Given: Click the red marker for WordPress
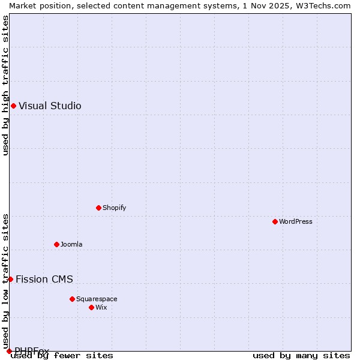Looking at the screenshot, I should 275,221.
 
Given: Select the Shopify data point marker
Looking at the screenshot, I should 98,208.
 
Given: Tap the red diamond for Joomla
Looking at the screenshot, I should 56,244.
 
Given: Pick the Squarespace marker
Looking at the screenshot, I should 72,299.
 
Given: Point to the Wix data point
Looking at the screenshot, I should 91,307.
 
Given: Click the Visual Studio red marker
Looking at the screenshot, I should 13,106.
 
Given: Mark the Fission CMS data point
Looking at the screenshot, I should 10,279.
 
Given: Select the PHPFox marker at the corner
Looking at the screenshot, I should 9,351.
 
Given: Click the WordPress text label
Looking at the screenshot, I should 296,221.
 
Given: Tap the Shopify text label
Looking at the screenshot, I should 114,208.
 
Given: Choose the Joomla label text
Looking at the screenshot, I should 71,244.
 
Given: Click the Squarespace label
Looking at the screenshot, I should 97,299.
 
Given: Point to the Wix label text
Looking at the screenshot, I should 101,307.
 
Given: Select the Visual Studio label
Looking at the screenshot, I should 50,106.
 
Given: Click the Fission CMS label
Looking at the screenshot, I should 44,279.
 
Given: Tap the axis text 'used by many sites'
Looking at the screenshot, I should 301,356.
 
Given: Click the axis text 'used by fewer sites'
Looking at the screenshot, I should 62,356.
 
